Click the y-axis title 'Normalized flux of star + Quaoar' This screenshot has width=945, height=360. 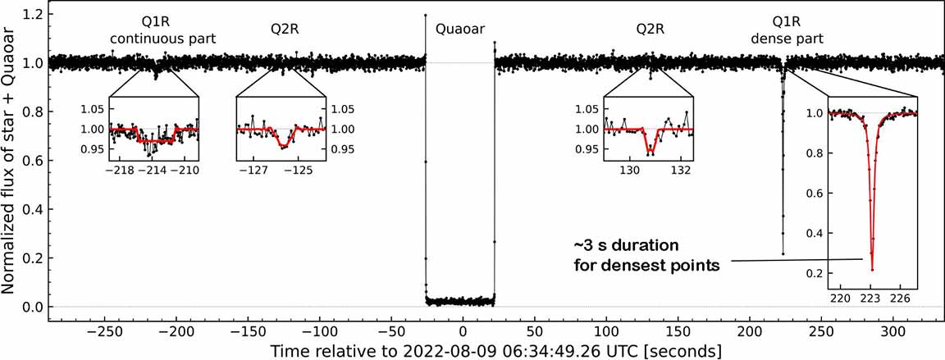pos(11,161)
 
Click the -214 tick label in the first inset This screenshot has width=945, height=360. pos(154,171)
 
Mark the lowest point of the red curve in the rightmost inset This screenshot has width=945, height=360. pos(872,269)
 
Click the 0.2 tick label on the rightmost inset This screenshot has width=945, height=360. pos(814,273)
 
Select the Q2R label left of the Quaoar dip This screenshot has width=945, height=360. pos(285,30)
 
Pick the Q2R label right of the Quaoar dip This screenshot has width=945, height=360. pos(651,30)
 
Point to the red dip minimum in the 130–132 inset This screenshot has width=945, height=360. pos(650,153)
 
